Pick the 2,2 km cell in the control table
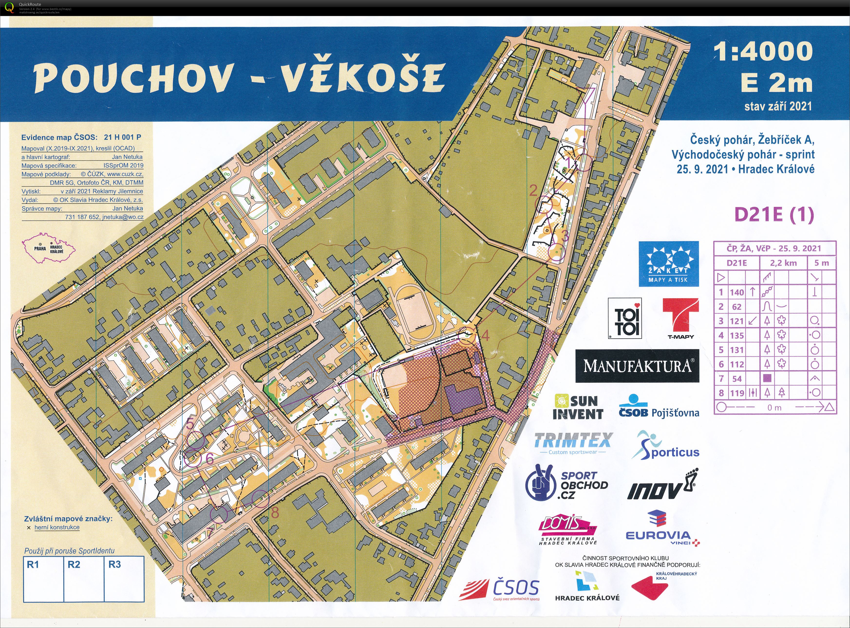point(783,263)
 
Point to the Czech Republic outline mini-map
point(49,249)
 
